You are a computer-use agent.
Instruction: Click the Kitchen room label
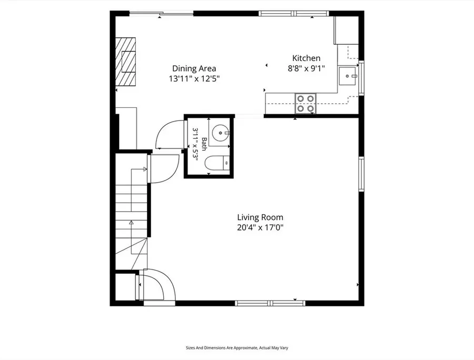tap(306, 58)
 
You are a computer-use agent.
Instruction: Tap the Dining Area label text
tap(194, 68)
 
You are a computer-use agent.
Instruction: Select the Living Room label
tap(260, 217)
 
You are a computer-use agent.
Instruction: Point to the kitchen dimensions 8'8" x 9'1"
tap(306, 68)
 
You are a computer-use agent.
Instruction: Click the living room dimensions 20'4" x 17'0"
tap(260, 227)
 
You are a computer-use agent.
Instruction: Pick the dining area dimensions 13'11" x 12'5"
tap(194, 79)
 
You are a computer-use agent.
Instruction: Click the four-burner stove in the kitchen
tap(305, 103)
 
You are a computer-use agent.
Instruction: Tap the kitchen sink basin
tap(348, 76)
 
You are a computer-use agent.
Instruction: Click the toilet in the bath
tap(217, 163)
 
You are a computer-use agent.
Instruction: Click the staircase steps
tap(131, 212)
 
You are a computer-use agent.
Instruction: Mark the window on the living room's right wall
tap(361, 174)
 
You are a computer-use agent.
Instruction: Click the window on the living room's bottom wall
tap(270, 303)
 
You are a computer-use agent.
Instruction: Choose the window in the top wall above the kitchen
tap(293, 13)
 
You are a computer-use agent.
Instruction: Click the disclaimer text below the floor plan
tap(237, 348)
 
